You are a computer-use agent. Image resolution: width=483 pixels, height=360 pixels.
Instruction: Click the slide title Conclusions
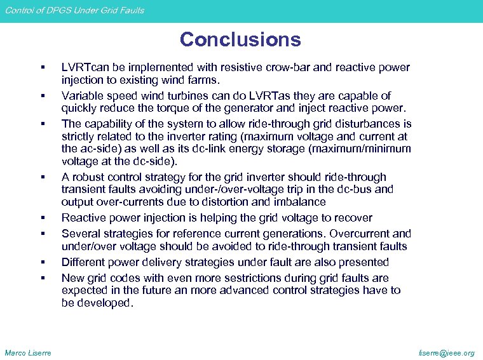[x=240, y=40]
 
